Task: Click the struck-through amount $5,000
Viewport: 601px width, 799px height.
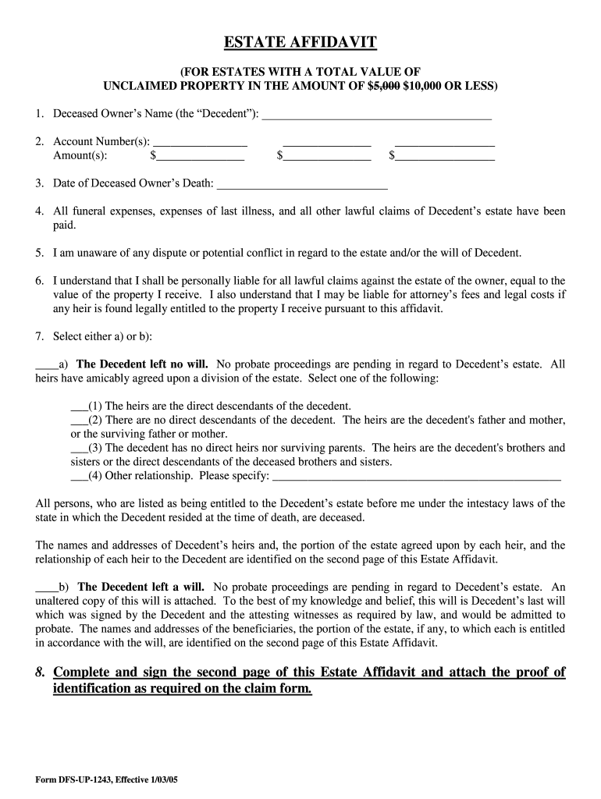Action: pyautogui.click(x=383, y=85)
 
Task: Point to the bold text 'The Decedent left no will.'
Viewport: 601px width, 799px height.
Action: pyautogui.click(x=142, y=364)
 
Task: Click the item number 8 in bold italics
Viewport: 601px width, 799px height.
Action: pyautogui.click(x=40, y=673)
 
